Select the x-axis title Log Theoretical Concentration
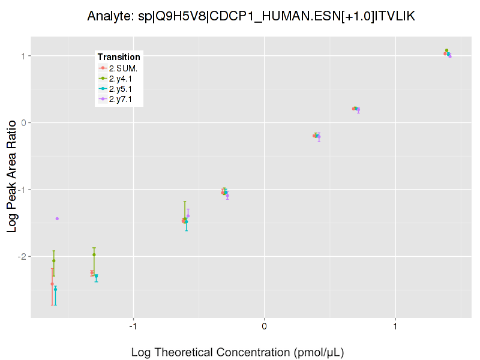tap(238, 352)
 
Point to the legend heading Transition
tap(119, 57)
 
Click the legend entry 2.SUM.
tap(123, 68)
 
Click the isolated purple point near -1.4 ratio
tap(57, 218)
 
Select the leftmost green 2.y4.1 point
tap(54, 261)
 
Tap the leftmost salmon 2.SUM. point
tap(52, 284)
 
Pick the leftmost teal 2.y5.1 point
tap(55, 289)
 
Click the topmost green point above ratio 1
tap(446, 50)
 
